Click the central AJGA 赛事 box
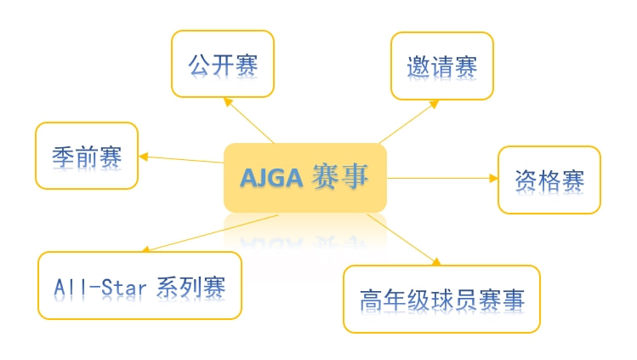click(305, 178)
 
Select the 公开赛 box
click(223, 64)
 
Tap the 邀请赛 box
click(442, 66)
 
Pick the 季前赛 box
click(87, 156)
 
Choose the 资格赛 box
click(549, 180)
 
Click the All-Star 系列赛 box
click(139, 285)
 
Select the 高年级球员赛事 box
click(441, 299)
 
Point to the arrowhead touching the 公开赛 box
click(228, 101)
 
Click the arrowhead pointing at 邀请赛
click(434, 104)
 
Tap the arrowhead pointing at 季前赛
click(144, 157)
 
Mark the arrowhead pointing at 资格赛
click(493, 178)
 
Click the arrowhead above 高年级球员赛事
click(436, 261)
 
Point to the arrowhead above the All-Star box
click(145, 249)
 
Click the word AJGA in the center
click(271, 178)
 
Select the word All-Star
click(100, 288)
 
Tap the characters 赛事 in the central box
click(340, 176)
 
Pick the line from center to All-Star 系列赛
click(210, 233)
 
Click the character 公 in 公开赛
click(199, 65)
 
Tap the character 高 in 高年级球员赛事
click(372, 300)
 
